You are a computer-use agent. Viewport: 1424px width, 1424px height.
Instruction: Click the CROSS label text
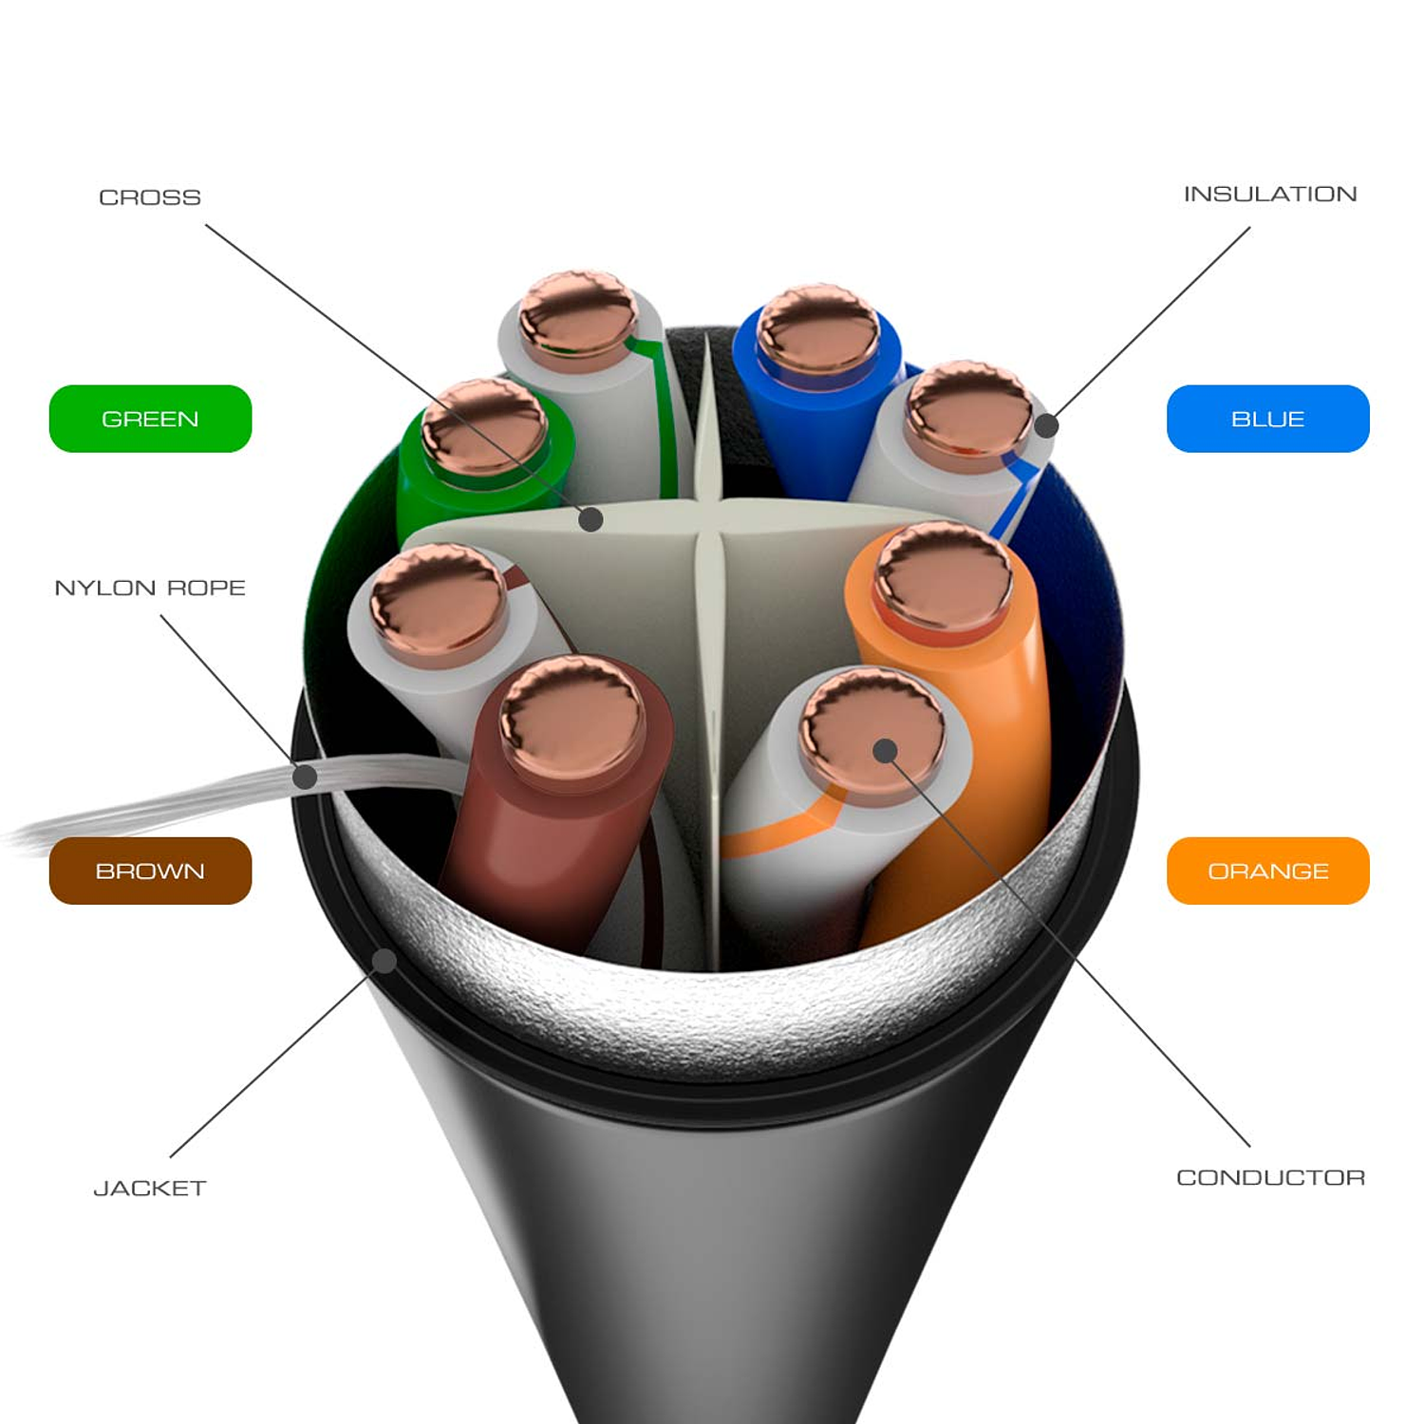pyautogui.click(x=150, y=197)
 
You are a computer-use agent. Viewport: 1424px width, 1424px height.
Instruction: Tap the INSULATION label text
pyautogui.click(x=1269, y=195)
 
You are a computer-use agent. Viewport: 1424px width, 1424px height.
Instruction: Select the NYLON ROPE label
pyautogui.click(x=150, y=588)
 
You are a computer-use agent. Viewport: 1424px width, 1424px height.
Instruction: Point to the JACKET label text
pyautogui.click(x=150, y=1188)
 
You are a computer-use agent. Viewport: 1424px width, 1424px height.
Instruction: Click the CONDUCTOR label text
pyautogui.click(x=1270, y=1177)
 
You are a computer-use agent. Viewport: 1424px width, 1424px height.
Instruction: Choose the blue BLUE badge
pyautogui.click(x=1267, y=419)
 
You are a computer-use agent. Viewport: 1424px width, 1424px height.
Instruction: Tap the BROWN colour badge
pyautogui.click(x=150, y=871)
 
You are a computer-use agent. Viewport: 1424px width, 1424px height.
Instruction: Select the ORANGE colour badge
pyautogui.click(x=1267, y=871)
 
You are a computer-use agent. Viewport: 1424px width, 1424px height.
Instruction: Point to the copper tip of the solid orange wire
pyautogui.click(x=943, y=574)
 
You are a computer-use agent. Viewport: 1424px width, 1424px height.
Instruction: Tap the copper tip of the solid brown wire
pyautogui.click(x=571, y=709)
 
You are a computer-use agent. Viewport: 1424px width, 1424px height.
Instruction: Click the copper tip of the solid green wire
pyautogui.click(x=483, y=424)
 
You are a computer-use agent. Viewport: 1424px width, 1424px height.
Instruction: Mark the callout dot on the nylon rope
pyautogui.click(x=305, y=777)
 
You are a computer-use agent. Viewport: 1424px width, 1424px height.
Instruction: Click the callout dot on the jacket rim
pyautogui.click(x=384, y=961)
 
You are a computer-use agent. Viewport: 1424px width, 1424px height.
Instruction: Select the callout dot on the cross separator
pyautogui.click(x=590, y=518)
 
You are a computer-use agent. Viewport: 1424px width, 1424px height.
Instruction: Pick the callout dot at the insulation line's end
pyautogui.click(x=1045, y=425)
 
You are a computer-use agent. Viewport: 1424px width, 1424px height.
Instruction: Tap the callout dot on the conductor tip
pyautogui.click(x=885, y=751)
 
